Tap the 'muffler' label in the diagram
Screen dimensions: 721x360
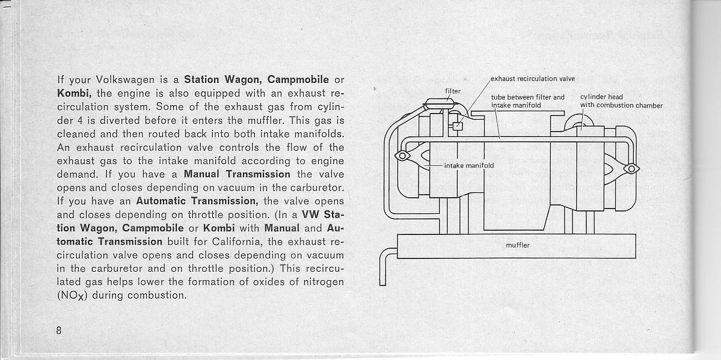tap(518, 245)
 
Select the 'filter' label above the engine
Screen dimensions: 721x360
tap(452, 91)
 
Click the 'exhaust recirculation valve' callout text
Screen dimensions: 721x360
tap(532, 78)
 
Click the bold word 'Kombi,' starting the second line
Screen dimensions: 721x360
tap(75, 93)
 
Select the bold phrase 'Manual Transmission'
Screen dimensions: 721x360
tap(237, 175)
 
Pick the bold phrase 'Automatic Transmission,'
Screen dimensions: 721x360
tap(197, 201)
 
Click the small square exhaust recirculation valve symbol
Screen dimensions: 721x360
tap(458, 126)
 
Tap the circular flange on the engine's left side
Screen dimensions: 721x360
tap(402, 156)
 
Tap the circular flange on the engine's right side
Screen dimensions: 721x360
tap(631, 169)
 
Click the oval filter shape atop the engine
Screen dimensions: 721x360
tap(440, 104)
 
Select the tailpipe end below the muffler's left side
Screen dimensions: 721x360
tap(382, 284)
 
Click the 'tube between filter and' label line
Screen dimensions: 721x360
tap(527, 97)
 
